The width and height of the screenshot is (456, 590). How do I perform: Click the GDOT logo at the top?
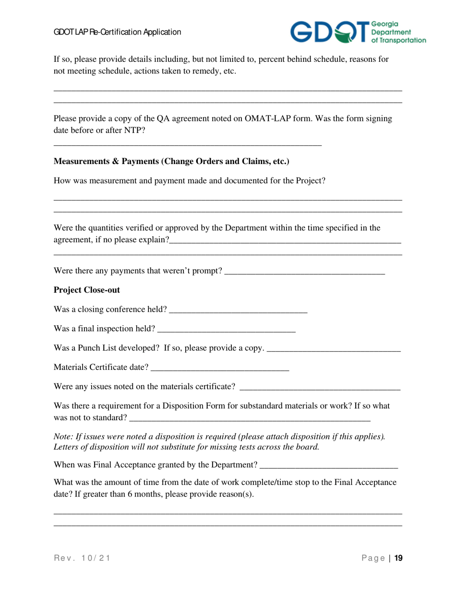[358, 32]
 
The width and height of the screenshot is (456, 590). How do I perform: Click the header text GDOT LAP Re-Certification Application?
[117, 32]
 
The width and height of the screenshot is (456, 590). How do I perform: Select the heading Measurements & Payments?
[171, 162]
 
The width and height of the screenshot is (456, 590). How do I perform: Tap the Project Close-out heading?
[86, 290]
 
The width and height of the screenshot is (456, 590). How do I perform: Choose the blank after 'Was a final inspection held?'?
[226, 330]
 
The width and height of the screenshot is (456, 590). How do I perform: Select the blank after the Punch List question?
[333, 349]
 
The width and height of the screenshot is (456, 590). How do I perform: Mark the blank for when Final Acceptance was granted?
[328, 465]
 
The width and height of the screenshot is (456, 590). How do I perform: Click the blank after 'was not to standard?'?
[250, 418]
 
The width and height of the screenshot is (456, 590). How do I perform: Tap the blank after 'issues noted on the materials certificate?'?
[320, 387]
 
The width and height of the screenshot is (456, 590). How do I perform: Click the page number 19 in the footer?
[398, 558]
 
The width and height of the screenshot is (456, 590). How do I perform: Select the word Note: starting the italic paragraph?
[64, 437]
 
